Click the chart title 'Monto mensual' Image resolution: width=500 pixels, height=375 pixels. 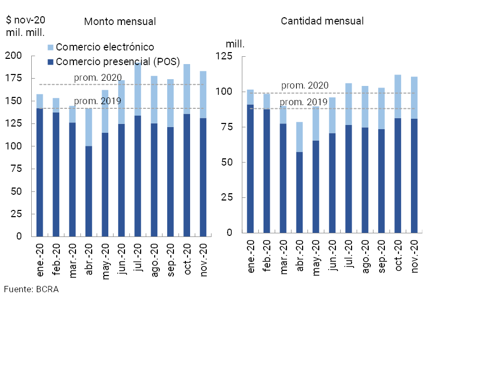pyautogui.click(x=120, y=21)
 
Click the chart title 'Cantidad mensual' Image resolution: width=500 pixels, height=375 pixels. pyautogui.click(x=322, y=21)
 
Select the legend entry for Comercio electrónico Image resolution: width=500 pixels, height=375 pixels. pyautogui.click(x=105, y=47)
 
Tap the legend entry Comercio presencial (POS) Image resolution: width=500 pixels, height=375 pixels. pyautogui.click(x=117, y=62)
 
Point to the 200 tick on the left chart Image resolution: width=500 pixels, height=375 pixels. pyautogui.click(x=14, y=56)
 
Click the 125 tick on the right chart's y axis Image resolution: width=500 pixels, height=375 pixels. pyautogui.click(x=224, y=56)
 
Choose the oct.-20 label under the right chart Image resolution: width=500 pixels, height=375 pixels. pyautogui.click(x=398, y=256)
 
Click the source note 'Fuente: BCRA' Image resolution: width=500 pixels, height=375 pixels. pyautogui.click(x=31, y=290)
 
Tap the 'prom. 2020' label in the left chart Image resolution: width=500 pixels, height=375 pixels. pyautogui.click(x=98, y=78)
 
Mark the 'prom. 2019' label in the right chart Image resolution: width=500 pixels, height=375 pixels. pyautogui.click(x=304, y=102)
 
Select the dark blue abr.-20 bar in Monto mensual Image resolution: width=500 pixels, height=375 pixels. pyautogui.click(x=89, y=191)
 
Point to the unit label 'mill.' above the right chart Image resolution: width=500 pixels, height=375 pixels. pyautogui.click(x=235, y=43)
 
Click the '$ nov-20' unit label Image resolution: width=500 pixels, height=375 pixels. pyautogui.click(x=26, y=20)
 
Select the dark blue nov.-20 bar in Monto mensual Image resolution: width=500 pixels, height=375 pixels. pyautogui.click(x=203, y=177)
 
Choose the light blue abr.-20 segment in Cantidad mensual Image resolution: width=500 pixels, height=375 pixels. pyautogui.click(x=299, y=137)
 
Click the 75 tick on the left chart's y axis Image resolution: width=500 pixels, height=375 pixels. pyautogui.click(x=16, y=169)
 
